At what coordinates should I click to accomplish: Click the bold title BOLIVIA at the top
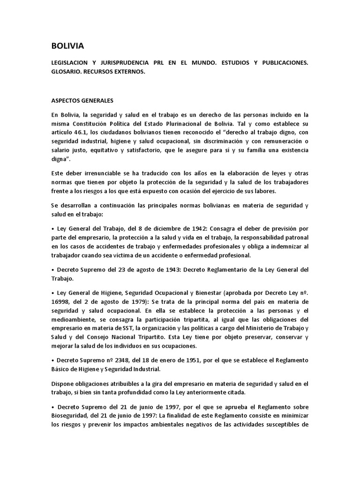pyautogui.click(x=67, y=46)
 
